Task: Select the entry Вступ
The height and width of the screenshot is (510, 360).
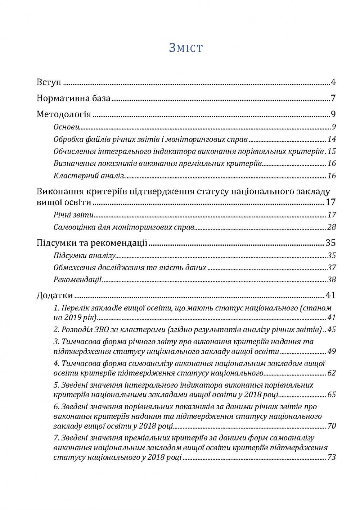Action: [49, 82]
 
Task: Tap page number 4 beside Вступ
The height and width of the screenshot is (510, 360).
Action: [333, 82]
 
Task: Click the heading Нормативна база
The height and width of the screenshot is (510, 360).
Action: [73, 98]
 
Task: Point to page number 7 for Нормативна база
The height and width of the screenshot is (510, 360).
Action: [333, 98]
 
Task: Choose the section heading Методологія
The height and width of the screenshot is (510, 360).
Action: [64, 114]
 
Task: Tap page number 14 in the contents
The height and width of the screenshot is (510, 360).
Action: [332, 139]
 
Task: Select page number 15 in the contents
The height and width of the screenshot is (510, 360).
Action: [332, 151]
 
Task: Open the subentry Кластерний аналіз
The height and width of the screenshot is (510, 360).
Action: [89, 176]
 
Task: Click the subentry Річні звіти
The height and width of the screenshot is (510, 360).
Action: [73, 215]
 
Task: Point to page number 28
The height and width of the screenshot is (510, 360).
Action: [332, 227]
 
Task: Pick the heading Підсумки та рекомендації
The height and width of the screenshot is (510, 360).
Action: [92, 243]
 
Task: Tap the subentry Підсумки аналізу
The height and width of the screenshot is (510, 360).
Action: [84, 256]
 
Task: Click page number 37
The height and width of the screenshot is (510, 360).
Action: [332, 268]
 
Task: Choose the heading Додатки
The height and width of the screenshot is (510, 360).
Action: [55, 296]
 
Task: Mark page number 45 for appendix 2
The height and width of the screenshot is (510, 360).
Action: [332, 329]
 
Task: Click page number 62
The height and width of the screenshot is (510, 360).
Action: [332, 373]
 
